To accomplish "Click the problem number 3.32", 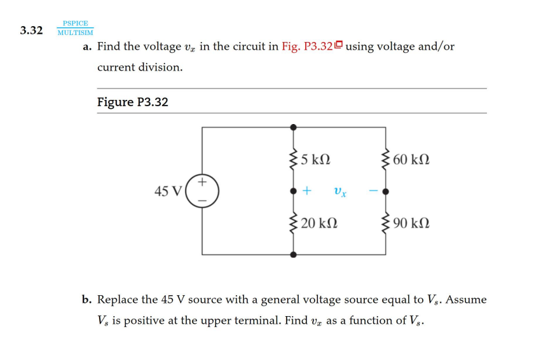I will click(31, 30).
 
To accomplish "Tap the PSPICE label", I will click(75, 24).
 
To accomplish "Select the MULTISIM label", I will click(75, 32).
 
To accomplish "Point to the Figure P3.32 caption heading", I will click(132, 102).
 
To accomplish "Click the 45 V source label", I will click(168, 191).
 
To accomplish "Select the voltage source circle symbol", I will click(202, 191).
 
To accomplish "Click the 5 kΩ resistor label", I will click(315, 159).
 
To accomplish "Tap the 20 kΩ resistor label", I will click(319, 223).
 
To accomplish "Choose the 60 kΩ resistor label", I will click(411, 159).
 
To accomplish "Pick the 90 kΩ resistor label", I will click(411, 223).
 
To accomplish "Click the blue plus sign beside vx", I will click(307, 191).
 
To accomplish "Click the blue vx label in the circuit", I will click(340, 191).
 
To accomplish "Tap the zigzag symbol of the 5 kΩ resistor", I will click(293, 159).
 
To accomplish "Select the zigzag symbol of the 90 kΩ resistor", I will click(385, 223).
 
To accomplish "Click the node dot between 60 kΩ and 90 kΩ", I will click(385, 191).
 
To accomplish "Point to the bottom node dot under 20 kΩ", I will click(293, 254).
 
